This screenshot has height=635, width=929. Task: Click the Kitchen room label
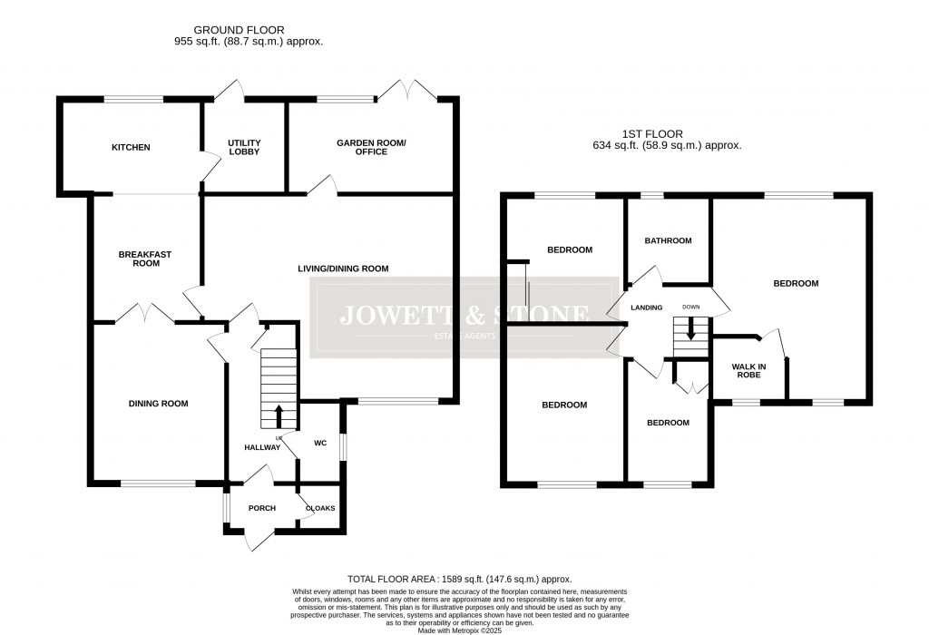[x=131, y=147]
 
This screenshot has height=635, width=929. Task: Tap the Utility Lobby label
[x=244, y=147]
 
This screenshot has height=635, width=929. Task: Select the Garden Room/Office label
[x=371, y=147]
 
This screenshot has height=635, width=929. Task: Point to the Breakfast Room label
[x=145, y=259]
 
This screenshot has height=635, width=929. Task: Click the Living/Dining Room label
[x=343, y=269]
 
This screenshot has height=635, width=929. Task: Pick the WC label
[x=320, y=443]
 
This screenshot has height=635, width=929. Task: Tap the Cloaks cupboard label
[x=320, y=508]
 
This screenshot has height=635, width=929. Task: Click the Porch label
[x=262, y=508]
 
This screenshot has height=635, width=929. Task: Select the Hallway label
[x=262, y=447]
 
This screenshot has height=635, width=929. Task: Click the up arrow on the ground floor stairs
[x=279, y=416]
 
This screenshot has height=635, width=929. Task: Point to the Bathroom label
[x=669, y=240]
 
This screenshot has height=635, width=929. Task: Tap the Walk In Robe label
[x=748, y=370]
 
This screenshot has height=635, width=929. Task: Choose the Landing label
[x=646, y=308]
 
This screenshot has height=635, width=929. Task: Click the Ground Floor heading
[x=239, y=30]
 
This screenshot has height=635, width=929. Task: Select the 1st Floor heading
[x=652, y=134]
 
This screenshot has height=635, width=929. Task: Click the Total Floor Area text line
[x=460, y=580]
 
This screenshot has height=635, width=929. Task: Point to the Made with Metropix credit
[x=460, y=630]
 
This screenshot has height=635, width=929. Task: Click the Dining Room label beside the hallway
[x=158, y=404]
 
